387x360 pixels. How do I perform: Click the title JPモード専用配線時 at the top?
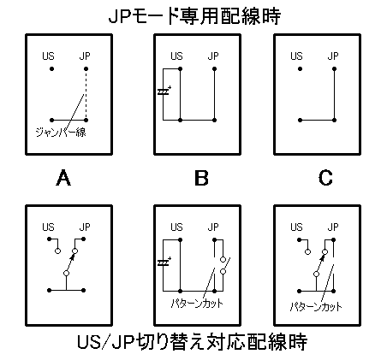point(194,16)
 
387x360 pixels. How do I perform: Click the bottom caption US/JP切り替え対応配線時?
point(193,342)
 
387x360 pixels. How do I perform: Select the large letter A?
point(63,178)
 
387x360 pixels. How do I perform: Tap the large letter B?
point(201,178)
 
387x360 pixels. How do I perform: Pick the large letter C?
point(325,178)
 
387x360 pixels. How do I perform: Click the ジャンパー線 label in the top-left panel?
point(61,133)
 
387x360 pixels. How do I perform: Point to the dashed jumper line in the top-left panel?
point(86,94)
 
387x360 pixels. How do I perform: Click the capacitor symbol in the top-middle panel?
point(164,91)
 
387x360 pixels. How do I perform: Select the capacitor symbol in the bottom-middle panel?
point(164,263)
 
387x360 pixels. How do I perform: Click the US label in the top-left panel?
point(48,56)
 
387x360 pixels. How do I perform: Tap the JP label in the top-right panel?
point(333,56)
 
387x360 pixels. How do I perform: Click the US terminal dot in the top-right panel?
point(300,68)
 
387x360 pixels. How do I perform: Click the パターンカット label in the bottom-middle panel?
point(197,304)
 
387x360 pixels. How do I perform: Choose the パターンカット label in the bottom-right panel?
point(316,307)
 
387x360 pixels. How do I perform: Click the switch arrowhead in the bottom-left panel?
point(72,257)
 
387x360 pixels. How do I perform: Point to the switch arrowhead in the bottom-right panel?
point(322,257)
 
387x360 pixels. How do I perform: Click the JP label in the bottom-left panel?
point(85,227)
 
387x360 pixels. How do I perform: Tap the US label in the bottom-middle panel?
point(176,227)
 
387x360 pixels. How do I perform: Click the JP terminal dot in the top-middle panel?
point(214,68)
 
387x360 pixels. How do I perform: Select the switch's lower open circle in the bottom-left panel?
point(66,273)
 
